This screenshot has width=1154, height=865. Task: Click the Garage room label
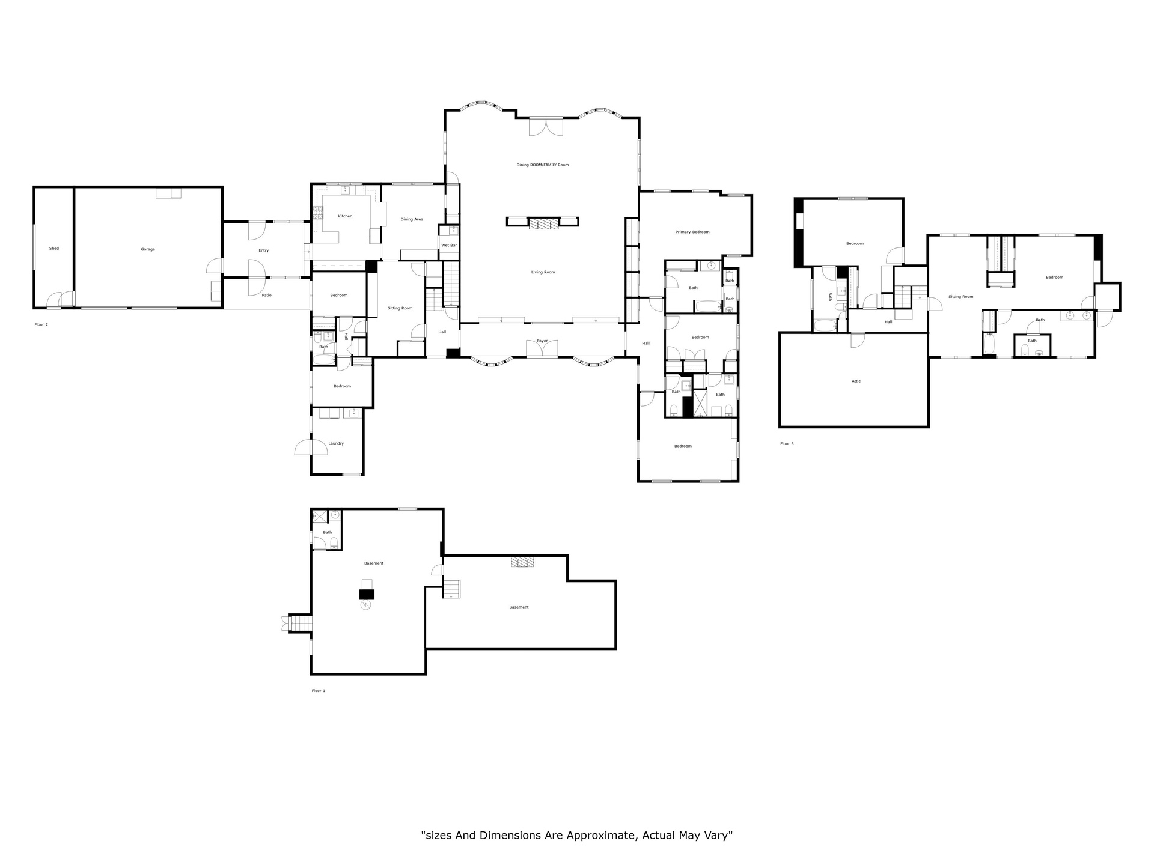(148, 249)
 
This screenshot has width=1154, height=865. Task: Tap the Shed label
(54, 248)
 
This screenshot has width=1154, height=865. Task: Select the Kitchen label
(345, 216)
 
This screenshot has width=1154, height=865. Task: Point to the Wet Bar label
(449, 245)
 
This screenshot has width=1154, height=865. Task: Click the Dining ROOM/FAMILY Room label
(542, 165)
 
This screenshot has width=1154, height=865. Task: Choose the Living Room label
(543, 272)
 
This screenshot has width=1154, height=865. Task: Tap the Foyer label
(542, 341)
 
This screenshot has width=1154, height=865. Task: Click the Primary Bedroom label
(692, 232)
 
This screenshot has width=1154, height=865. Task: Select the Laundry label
(336, 443)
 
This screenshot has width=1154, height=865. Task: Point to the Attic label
(856, 381)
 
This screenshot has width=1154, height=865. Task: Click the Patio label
(266, 295)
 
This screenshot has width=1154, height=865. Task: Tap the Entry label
(263, 250)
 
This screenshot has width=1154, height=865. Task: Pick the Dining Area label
(412, 219)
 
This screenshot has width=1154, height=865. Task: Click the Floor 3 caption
(787, 444)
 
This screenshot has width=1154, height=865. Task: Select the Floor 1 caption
(318, 691)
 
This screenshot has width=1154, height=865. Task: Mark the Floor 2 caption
(41, 324)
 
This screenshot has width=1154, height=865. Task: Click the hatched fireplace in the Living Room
(543, 224)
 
